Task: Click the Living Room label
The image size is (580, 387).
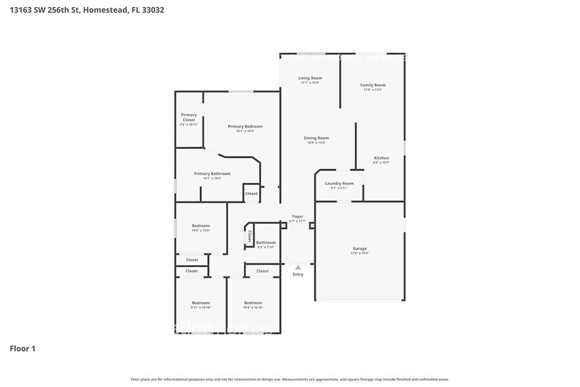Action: point(310,78)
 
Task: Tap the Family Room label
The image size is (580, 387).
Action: point(373,85)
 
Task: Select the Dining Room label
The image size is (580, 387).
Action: point(316,138)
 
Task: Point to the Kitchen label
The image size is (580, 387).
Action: point(381,158)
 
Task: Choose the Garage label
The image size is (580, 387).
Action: point(360,248)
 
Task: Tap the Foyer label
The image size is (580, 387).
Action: point(298,217)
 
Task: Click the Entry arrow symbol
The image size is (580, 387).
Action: point(298,267)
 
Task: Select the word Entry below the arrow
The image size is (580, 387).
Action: point(298,274)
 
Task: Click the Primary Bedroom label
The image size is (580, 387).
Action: point(245,126)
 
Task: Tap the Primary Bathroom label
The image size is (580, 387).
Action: point(212,174)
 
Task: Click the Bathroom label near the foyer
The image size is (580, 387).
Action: point(266,242)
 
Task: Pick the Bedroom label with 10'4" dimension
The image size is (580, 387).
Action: point(253,303)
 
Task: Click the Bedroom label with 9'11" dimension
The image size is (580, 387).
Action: point(201,303)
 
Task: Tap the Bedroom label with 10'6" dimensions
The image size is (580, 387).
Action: point(201,226)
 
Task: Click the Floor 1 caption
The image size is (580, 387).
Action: point(22,348)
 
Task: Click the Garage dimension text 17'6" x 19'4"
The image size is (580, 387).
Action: point(360,253)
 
